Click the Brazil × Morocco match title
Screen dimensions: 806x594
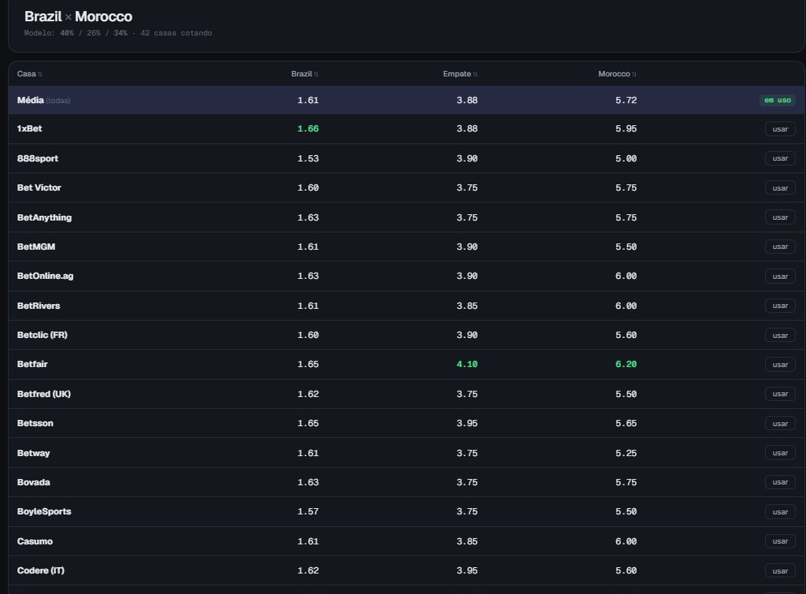click(78, 17)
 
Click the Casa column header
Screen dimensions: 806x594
click(26, 74)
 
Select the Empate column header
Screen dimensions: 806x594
click(457, 74)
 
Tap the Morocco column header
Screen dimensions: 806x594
click(614, 74)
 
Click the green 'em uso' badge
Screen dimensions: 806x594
click(777, 100)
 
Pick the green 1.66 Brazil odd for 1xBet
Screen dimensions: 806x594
click(308, 128)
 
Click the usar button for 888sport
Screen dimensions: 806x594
click(780, 158)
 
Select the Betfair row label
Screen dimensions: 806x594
click(32, 364)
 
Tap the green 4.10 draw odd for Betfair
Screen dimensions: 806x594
click(466, 364)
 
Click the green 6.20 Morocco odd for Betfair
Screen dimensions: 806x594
click(626, 364)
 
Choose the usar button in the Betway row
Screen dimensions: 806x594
click(780, 453)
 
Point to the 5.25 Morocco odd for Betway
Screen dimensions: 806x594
click(626, 453)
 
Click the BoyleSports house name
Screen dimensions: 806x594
click(44, 512)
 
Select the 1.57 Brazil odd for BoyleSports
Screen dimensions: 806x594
click(308, 512)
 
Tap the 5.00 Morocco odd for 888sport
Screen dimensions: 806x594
click(626, 159)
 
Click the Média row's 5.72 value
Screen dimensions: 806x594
click(626, 100)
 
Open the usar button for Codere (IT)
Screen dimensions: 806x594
click(780, 571)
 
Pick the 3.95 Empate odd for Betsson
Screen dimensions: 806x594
click(466, 423)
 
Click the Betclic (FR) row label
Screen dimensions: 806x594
click(42, 335)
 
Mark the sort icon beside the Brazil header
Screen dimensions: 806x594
click(316, 74)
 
